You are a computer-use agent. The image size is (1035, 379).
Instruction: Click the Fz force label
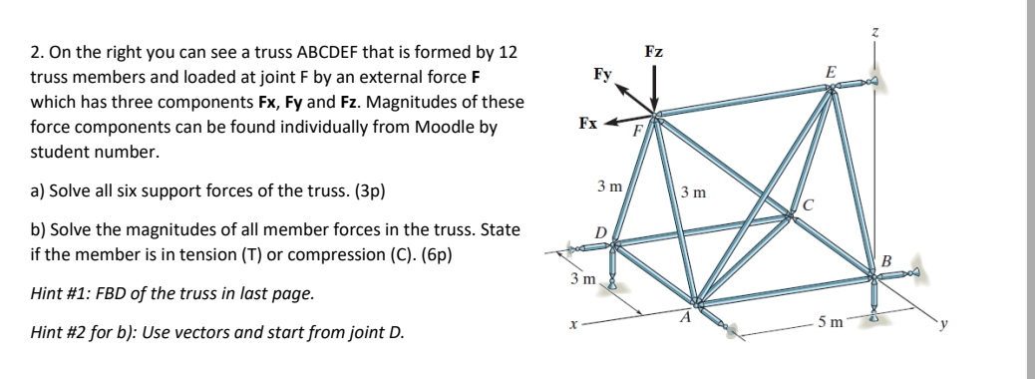tap(654, 51)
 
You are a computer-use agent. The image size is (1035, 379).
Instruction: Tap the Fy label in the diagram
tap(602, 74)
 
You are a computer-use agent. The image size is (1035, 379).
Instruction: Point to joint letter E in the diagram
tap(830, 72)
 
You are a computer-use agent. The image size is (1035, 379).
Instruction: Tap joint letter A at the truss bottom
tap(685, 318)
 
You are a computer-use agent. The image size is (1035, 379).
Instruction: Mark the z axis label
tap(875, 34)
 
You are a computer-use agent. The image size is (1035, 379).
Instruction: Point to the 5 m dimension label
tap(829, 322)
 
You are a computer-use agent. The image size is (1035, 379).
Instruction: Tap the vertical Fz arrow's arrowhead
tap(654, 105)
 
